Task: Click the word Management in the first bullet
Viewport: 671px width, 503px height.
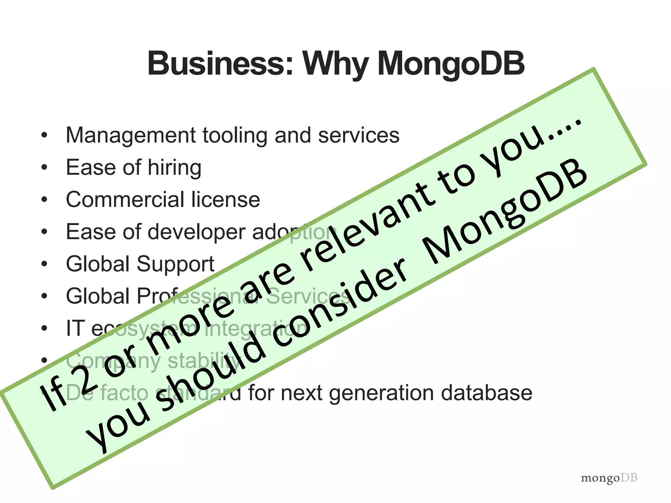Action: click(131, 136)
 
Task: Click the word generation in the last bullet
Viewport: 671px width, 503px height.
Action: click(381, 393)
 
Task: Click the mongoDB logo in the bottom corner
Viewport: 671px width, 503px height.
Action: click(609, 478)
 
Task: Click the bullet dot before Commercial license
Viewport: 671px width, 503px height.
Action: click(45, 200)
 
